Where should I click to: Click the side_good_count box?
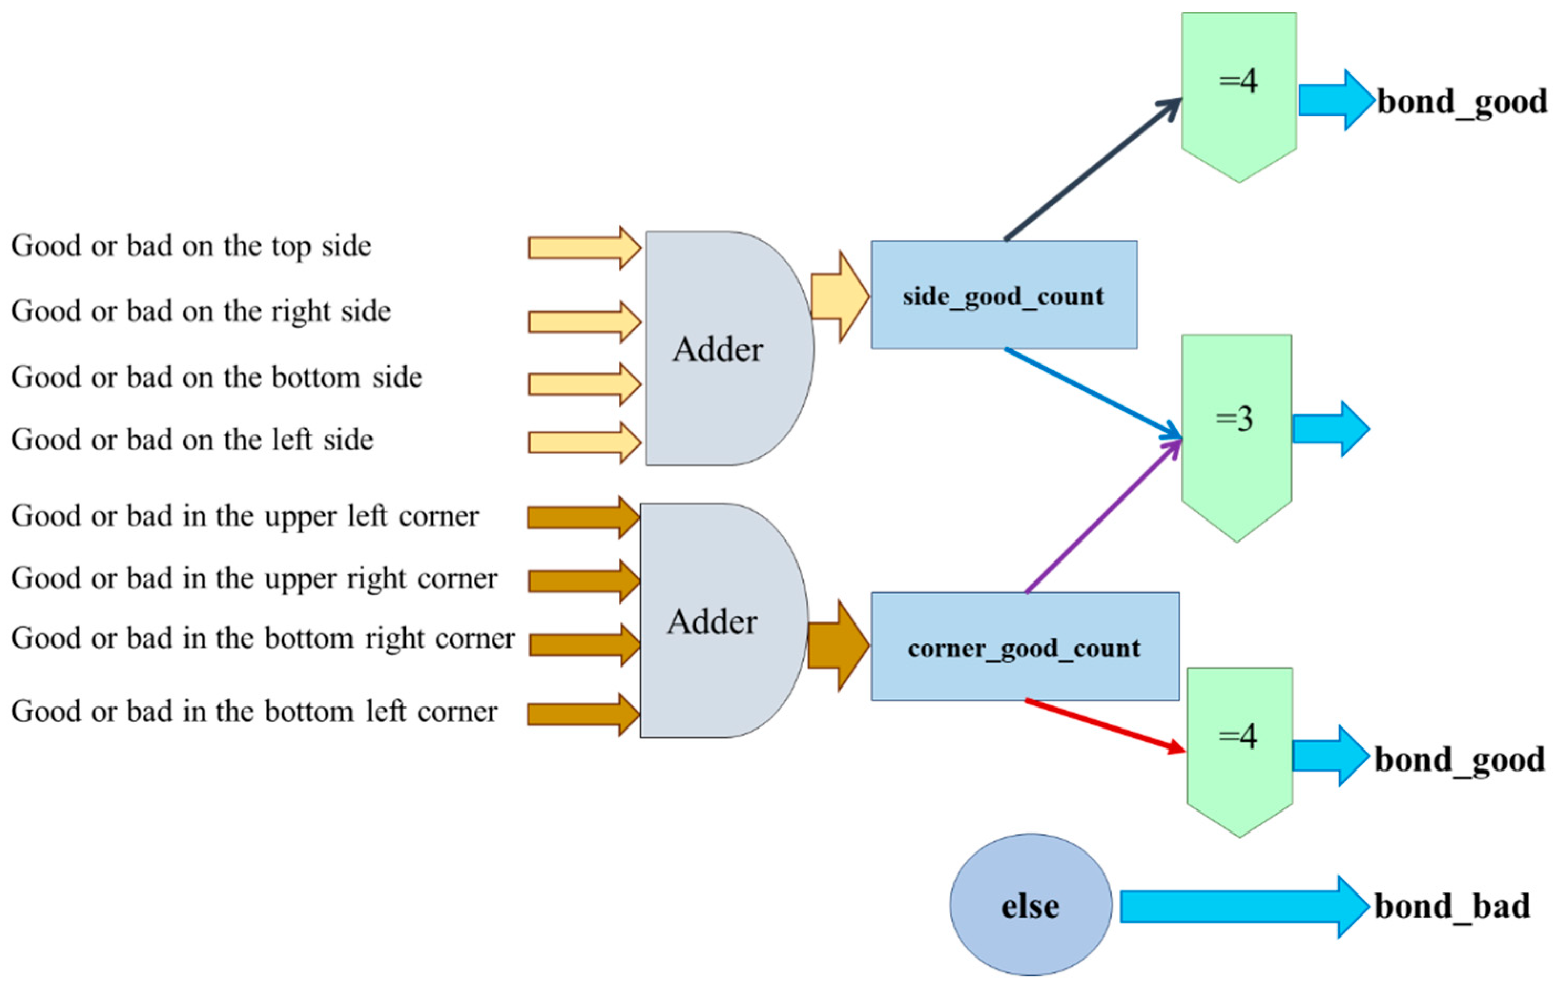pyautogui.click(x=1003, y=295)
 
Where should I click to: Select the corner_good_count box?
pyautogui.click(x=1025, y=647)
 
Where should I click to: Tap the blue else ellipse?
pyautogui.click(x=1031, y=904)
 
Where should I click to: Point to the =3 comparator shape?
pyautogui.click(x=1236, y=438)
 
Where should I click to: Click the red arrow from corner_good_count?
pyautogui.click(x=1105, y=726)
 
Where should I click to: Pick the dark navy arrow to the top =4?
pyautogui.click(x=1093, y=169)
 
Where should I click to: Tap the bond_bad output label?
pyautogui.click(x=1453, y=906)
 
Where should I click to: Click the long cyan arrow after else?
pyautogui.click(x=1245, y=907)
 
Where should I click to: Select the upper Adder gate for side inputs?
pyautogui.click(x=729, y=348)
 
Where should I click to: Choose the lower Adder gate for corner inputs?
pyautogui.click(x=724, y=620)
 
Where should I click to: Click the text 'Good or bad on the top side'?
pyautogui.click(x=191, y=246)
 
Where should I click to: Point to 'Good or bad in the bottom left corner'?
pyautogui.click(x=254, y=711)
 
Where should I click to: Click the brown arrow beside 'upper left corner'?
pyautogui.click(x=584, y=517)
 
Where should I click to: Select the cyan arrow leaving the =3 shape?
pyautogui.click(x=1331, y=429)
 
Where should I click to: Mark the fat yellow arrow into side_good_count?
pyautogui.click(x=840, y=296)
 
